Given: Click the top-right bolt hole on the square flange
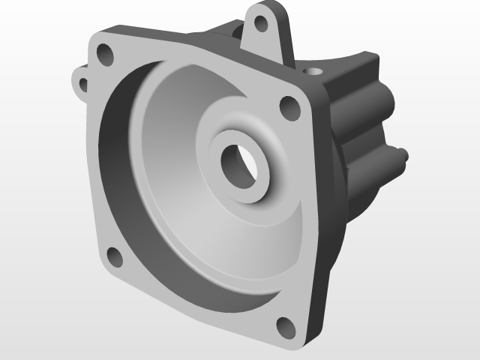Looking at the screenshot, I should coord(289,107).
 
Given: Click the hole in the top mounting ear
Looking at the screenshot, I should coord(262,23).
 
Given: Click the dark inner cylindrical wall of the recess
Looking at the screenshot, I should coord(112,172).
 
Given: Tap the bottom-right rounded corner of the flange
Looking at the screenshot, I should coord(300,342).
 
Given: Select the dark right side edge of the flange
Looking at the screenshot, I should coord(324,225).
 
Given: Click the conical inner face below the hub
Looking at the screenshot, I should coord(225,240).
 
